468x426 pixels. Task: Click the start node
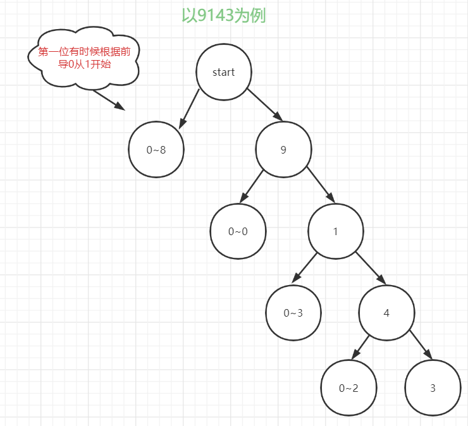(x=223, y=72)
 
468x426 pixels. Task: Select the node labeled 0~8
(x=156, y=150)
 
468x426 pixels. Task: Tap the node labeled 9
(x=283, y=150)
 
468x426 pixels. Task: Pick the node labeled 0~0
(x=238, y=231)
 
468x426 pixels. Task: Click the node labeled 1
(x=336, y=231)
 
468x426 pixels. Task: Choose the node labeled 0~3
(x=293, y=312)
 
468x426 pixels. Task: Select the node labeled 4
(x=386, y=312)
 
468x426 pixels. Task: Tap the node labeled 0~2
(x=348, y=388)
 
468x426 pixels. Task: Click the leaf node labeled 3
(x=433, y=388)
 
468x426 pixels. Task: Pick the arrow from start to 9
(x=264, y=104)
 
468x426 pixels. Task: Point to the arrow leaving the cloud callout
(x=109, y=100)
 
